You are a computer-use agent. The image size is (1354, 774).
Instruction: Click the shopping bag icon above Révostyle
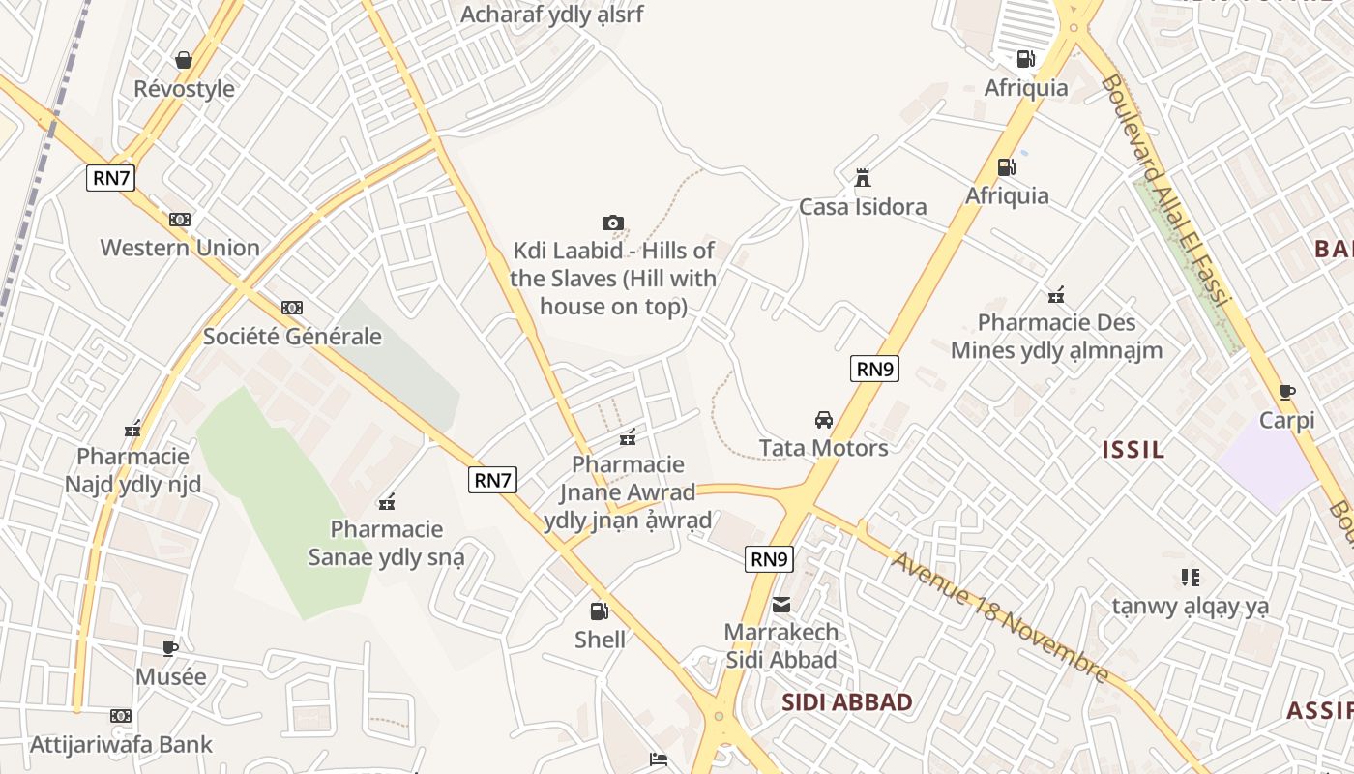(184, 60)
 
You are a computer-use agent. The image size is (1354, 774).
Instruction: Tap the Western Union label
(180, 248)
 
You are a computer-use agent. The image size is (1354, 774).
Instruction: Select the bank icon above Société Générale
(292, 308)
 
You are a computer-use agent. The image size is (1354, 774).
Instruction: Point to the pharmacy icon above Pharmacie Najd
(132, 429)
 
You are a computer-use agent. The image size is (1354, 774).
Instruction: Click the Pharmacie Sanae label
(386, 543)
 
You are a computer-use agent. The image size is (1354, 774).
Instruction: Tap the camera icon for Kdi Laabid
(612, 223)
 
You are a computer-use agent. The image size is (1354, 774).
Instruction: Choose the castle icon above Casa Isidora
(863, 178)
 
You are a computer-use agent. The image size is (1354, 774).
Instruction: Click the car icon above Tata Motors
(824, 420)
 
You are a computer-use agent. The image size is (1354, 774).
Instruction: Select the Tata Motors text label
(823, 448)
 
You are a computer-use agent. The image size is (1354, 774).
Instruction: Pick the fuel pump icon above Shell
(600, 610)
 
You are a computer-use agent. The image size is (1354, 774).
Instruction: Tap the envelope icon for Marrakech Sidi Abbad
(781, 605)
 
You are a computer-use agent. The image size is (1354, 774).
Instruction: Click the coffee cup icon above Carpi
(1286, 392)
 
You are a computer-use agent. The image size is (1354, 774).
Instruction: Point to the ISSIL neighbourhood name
(1133, 450)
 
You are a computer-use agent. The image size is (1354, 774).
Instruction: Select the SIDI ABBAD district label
(846, 702)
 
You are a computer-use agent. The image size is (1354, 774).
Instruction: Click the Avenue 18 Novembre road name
(1000, 616)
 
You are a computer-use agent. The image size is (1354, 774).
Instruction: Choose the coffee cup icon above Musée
(170, 648)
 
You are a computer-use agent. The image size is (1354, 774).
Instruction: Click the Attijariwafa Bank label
(121, 745)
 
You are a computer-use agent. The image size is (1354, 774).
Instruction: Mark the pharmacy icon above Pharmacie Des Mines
(1056, 295)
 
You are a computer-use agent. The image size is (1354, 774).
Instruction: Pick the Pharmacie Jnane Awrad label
(628, 492)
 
